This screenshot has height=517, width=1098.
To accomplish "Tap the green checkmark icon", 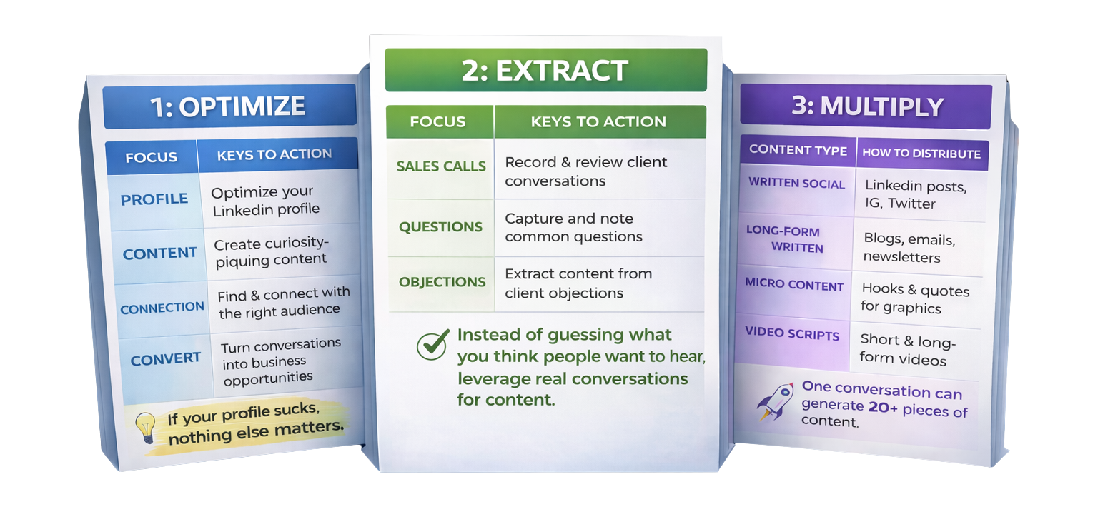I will (432, 345).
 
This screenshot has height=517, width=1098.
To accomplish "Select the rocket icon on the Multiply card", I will (776, 401).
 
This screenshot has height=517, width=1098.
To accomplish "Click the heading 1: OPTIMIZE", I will (228, 106).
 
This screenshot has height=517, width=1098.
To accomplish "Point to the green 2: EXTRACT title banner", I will (545, 70).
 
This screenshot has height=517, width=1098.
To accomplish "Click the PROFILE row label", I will (154, 199).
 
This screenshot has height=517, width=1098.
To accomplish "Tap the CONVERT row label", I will (166, 359).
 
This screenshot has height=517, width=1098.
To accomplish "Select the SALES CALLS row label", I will (441, 166).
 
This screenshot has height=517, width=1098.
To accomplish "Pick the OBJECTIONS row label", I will (442, 281).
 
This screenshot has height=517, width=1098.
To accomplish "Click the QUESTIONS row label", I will (440, 227).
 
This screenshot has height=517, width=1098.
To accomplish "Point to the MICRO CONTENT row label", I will (794, 284).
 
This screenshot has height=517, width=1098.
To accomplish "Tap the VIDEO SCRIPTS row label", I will (792, 332).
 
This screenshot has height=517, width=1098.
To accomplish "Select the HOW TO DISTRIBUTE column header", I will (921, 154).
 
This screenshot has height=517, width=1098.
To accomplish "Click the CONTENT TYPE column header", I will (798, 151).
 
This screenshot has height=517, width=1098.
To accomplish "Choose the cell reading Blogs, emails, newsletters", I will (909, 248).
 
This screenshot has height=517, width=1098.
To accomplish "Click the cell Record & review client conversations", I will (585, 171).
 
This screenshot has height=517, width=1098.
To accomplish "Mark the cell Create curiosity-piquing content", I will (271, 252).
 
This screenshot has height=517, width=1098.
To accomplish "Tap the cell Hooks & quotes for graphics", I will (915, 299).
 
